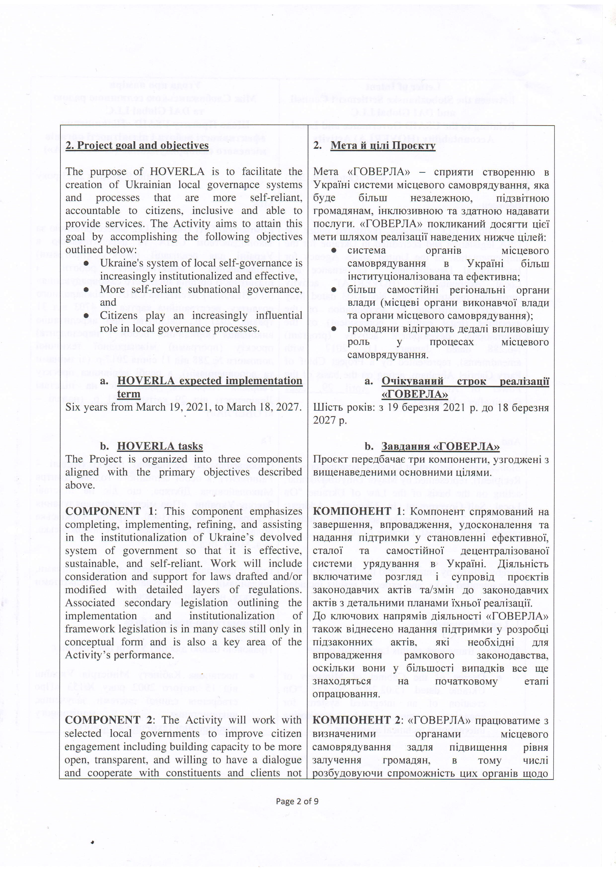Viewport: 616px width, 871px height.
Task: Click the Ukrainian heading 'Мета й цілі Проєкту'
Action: click(383, 146)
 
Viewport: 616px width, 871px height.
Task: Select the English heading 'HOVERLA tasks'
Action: click(160, 446)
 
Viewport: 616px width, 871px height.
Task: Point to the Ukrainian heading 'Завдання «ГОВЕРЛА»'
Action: click(440, 446)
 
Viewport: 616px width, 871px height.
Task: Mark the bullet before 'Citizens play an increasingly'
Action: click(86, 316)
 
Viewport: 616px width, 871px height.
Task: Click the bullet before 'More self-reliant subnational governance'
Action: click(86, 290)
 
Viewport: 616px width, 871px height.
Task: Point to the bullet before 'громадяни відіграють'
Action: click(334, 329)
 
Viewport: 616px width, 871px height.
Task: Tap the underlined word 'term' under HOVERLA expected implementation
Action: click(129, 394)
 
